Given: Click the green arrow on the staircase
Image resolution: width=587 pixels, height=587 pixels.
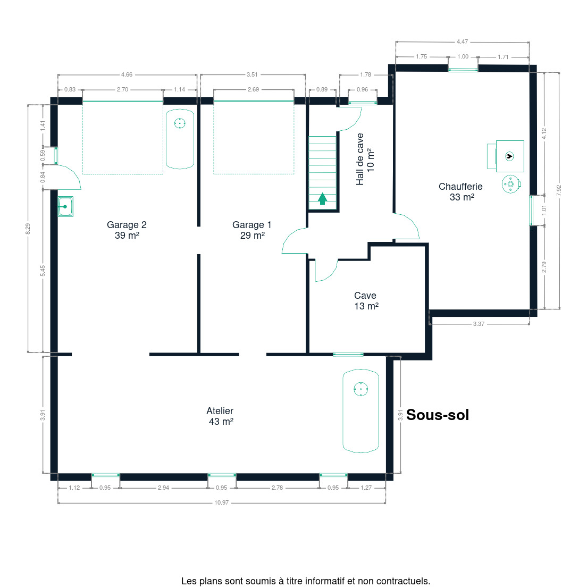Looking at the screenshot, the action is (322, 199).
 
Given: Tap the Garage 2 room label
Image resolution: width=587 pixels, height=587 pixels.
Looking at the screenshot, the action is (127, 230).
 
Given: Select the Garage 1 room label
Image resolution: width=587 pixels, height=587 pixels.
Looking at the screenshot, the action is (252, 230).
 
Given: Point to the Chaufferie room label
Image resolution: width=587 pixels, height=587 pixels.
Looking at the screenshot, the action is (461, 191).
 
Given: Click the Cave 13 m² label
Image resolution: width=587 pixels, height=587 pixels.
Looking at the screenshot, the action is (366, 300).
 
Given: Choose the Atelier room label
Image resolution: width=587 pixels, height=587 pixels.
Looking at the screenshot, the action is (220, 416).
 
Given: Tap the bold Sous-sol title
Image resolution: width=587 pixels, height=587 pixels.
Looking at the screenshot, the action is (438, 415).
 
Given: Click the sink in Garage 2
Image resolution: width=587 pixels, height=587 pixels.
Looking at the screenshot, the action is (65, 207).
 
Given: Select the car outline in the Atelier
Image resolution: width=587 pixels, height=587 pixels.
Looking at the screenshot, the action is (361, 410).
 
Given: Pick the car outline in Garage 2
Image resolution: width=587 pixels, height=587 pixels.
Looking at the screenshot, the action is (180, 139).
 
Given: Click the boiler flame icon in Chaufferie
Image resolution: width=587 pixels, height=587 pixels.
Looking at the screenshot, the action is (509, 156).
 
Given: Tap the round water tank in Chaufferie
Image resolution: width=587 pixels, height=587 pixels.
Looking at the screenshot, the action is (510, 184).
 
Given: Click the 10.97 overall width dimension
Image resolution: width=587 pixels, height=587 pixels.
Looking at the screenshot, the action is (222, 502).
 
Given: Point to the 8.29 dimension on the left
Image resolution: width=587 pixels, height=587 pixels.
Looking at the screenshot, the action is (28, 229).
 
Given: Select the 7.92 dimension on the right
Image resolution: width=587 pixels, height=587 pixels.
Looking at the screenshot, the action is (559, 190).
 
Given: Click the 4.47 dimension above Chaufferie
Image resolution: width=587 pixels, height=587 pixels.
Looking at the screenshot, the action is (463, 41).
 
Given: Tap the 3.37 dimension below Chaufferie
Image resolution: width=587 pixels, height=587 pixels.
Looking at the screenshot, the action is (479, 324).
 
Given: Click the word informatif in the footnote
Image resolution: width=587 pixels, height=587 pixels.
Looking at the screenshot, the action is (326, 581).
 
